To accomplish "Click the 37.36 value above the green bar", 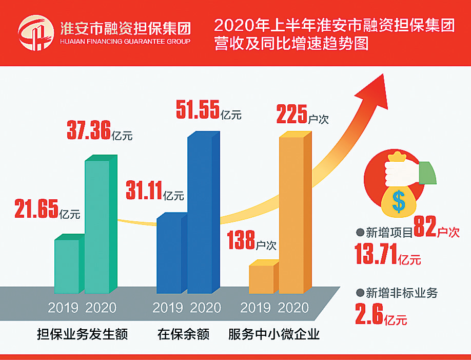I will [x=89, y=131].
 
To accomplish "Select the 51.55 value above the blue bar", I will [x=198, y=109].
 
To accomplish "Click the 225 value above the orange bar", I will [x=291, y=115].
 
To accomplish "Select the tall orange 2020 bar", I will [x=291, y=213].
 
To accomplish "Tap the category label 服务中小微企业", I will [x=274, y=335].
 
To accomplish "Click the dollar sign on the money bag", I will [x=398, y=201].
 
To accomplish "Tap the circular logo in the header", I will [x=35, y=33].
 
